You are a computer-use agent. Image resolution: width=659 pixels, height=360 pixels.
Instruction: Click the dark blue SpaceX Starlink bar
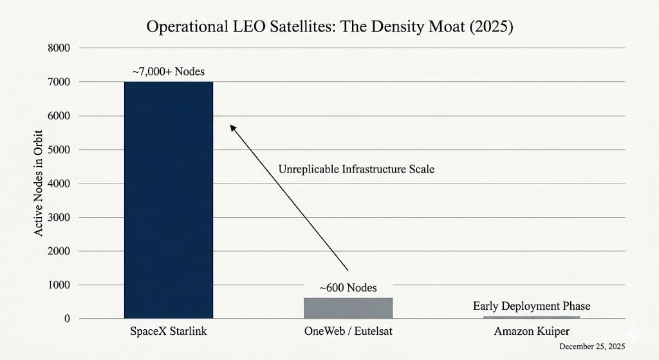(x=168, y=200)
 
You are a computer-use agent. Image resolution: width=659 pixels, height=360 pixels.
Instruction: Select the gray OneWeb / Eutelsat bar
(x=348, y=308)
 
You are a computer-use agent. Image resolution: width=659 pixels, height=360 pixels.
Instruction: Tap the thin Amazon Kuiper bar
(x=531, y=317)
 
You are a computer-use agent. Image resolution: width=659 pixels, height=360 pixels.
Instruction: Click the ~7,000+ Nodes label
(x=168, y=72)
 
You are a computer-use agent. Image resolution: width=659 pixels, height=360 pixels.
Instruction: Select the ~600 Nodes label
(x=348, y=287)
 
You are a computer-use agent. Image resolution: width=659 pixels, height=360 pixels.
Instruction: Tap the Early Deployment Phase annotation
(x=532, y=306)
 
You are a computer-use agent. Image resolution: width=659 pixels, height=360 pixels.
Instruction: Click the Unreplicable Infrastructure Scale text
(x=356, y=169)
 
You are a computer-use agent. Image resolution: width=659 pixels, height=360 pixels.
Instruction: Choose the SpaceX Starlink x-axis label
(x=168, y=332)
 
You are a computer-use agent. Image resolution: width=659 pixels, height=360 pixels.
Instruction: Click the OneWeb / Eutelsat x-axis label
(x=348, y=332)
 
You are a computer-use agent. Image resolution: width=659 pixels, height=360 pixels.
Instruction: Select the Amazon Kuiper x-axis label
(x=532, y=332)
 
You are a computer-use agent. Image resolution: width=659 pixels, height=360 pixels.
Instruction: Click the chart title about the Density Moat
(x=329, y=28)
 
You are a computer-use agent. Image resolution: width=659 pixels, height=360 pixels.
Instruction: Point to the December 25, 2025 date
(x=592, y=347)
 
